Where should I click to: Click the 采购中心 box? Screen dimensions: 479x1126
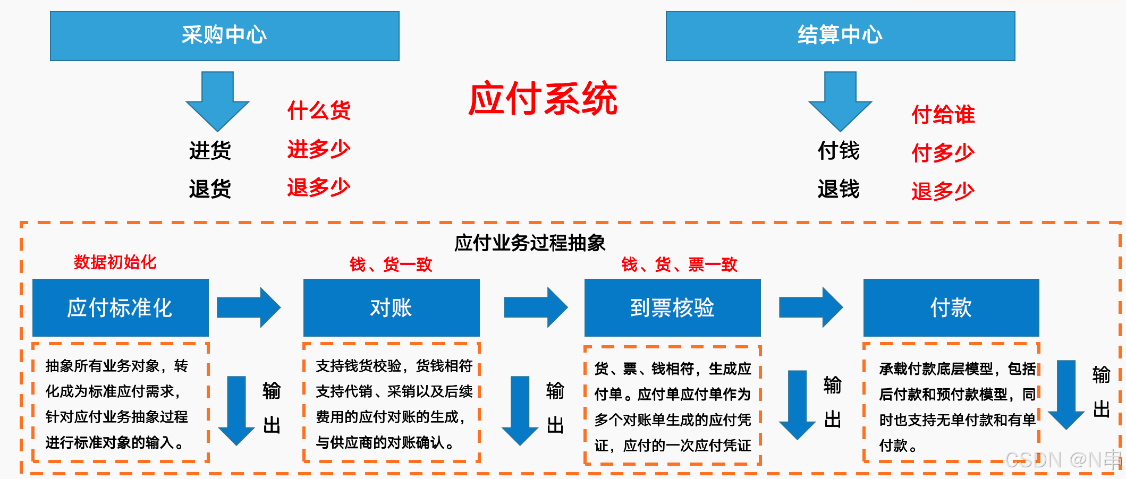point(224,36)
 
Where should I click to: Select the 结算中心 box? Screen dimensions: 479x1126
point(840,36)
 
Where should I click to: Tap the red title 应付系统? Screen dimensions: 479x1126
point(543,99)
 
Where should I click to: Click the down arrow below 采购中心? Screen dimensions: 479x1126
point(217,101)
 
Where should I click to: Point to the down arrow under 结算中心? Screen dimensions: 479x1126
point(840,101)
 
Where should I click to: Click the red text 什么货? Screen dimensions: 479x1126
point(319,110)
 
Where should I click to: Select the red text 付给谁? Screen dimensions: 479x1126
point(943,115)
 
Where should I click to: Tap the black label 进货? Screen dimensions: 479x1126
point(210,150)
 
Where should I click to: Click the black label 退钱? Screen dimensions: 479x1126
point(839,189)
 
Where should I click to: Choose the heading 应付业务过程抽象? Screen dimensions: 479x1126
point(530,243)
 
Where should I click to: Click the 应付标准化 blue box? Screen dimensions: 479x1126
point(121,307)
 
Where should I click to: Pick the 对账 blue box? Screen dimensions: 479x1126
point(391,307)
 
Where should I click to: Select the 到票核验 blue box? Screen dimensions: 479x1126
point(672,307)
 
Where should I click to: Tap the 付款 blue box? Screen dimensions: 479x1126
point(951,307)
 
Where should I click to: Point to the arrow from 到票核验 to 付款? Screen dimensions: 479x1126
point(810,307)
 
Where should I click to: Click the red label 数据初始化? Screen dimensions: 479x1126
point(115,262)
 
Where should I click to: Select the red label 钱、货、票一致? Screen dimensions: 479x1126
point(679,264)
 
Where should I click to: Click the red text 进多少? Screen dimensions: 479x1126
point(319,149)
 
